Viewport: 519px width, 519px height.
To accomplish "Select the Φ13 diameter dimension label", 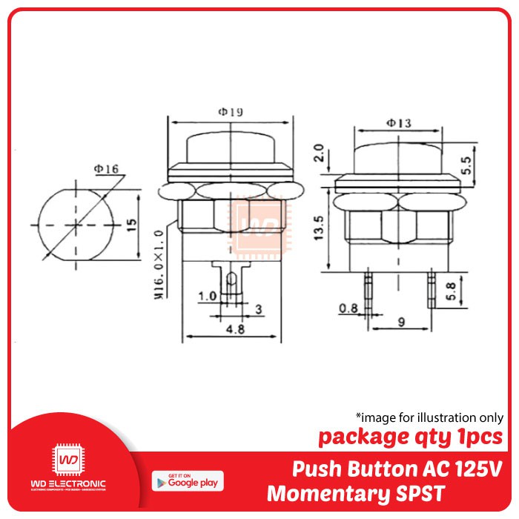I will (x=400, y=122).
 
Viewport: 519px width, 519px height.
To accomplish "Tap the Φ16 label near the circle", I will (x=105, y=169).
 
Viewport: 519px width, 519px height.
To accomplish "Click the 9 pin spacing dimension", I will (x=401, y=323).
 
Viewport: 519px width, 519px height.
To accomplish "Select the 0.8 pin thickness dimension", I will (x=346, y=308).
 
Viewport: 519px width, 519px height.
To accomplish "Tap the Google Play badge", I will (x=188, y=481).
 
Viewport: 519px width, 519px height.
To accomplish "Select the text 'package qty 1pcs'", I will (x=410, y=437).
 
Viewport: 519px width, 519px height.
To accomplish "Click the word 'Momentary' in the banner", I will (x=331, y=492).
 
